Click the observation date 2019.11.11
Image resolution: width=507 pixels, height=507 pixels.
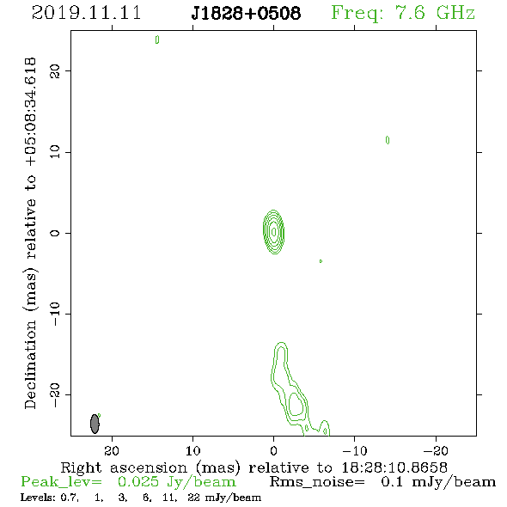pyautogui.click(x=87, y=13)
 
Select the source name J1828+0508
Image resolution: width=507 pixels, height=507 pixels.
pyautogui.click(x=246, y=13)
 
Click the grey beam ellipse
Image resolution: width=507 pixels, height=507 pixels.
pyautogui.click(x=95, y=424)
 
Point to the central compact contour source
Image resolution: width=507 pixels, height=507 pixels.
pyautogui.click(x=273, y=232)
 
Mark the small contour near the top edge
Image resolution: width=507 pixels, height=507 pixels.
pyautogui.click(x=157, y=40)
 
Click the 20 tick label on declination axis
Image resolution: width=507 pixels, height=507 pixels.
pyautogui.click(x=55, y=70)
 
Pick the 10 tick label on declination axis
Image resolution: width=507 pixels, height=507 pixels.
pyautogui.click(x=55, y=152)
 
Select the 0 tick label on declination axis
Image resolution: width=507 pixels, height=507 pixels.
pyautogui.click(x=55, y=233)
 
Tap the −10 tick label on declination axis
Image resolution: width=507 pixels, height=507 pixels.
pyautogui.click(x=55, y=314)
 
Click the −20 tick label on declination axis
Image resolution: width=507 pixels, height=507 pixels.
pyautogui.click(x=55, y=395)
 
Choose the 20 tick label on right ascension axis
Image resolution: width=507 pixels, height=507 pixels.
pyautogui.click(x=112, y=450)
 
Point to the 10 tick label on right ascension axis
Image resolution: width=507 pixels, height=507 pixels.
pyautogui.click(x=193, y=450)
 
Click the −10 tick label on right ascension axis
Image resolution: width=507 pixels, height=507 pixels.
pyautogui.click(x=355, y=450)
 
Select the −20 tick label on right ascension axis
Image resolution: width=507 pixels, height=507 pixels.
pyautogui.click(x=436, y=450)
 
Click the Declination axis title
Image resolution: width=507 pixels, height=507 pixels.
pyautogui.click(x=30, y=234)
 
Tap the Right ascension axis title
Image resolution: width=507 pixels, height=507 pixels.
pyautogui.click(x=254, y=467)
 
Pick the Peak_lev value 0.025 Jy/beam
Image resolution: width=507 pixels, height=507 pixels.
pyautogui.click(x=176, y=482)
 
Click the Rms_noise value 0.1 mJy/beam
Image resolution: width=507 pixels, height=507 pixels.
pyautogui.click(x=438, y=482)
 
